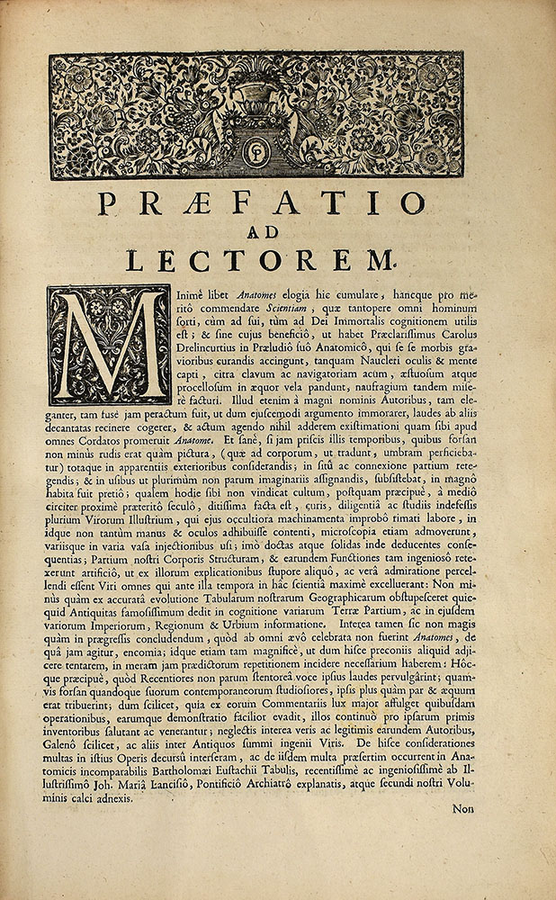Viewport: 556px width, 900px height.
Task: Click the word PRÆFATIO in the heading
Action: point(260,205)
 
